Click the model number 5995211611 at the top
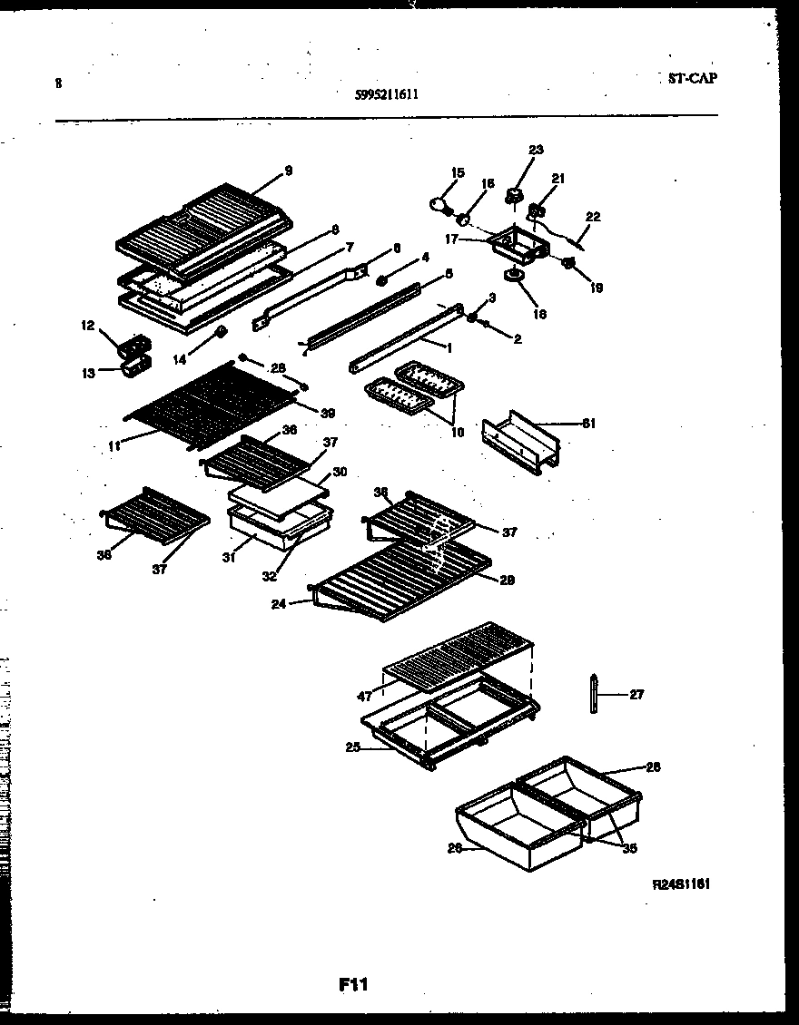click(388, 93)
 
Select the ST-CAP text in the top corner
click(686, 78)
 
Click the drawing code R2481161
click(681, 883)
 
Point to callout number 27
click(636, 695)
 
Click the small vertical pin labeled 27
click(594, 696)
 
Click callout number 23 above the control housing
click(536, 150)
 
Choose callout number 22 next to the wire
click(593, 217)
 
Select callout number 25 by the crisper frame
click(352, 747)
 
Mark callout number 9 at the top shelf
click(288, 170)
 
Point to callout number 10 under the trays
click(457, 433)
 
